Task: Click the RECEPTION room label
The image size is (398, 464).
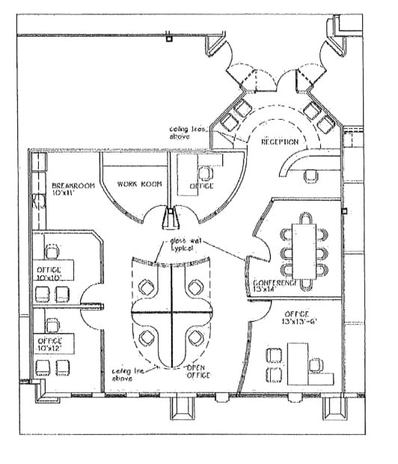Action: point(280,141)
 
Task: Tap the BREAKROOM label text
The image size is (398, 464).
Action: point(73,186)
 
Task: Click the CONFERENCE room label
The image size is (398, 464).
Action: point(271,282)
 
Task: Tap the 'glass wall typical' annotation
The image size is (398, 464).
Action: point(186,246)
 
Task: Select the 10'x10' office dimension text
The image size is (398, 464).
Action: point(56,278)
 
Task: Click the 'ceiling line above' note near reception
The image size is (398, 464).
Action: point(188,131)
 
